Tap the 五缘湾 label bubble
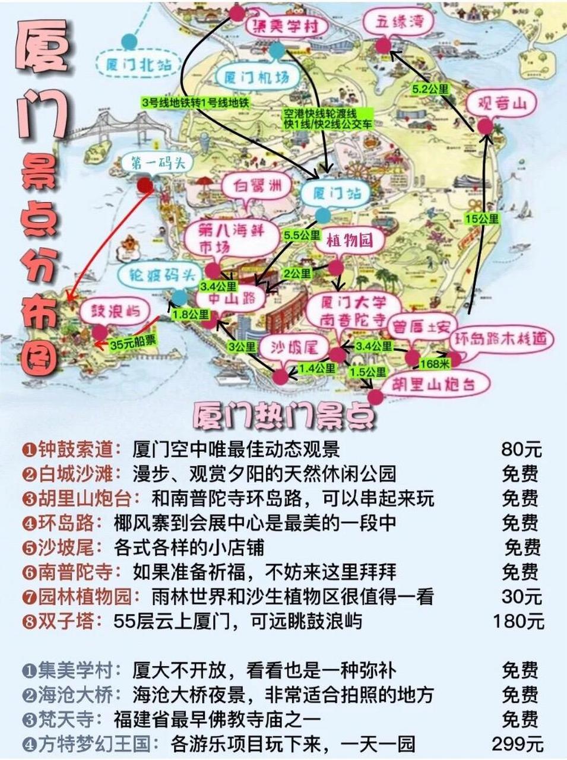pos(397,23)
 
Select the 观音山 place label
pos(502,104)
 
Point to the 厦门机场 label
pos(256,77)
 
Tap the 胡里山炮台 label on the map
pos(436,385)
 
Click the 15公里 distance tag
pos(482,218)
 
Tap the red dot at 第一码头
pos(144,186)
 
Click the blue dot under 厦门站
pos(322,215)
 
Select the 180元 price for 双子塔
pos(518,621)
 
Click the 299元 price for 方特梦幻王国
pos(518,743)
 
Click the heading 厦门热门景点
pos(284,417)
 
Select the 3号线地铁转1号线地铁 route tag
pos(195,103)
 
